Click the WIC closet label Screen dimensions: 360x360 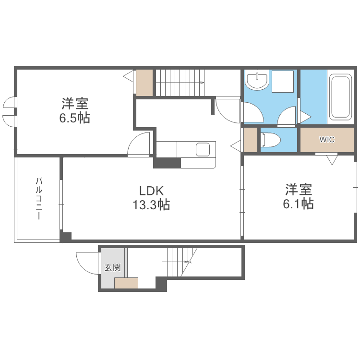point(327,140)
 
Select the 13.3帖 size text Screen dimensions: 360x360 point(151,205)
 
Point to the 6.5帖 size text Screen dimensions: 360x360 point(74,118)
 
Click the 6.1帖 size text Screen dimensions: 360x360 point(298,204)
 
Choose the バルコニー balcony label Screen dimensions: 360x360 point(38,199)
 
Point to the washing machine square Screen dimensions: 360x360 point(282,82)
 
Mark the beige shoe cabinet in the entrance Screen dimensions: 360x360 point(126,283)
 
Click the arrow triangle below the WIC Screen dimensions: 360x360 point(332,160)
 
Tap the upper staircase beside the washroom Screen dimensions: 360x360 point(180,83)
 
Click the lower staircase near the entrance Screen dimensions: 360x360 point(178,262)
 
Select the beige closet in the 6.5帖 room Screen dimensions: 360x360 point(144,83)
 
